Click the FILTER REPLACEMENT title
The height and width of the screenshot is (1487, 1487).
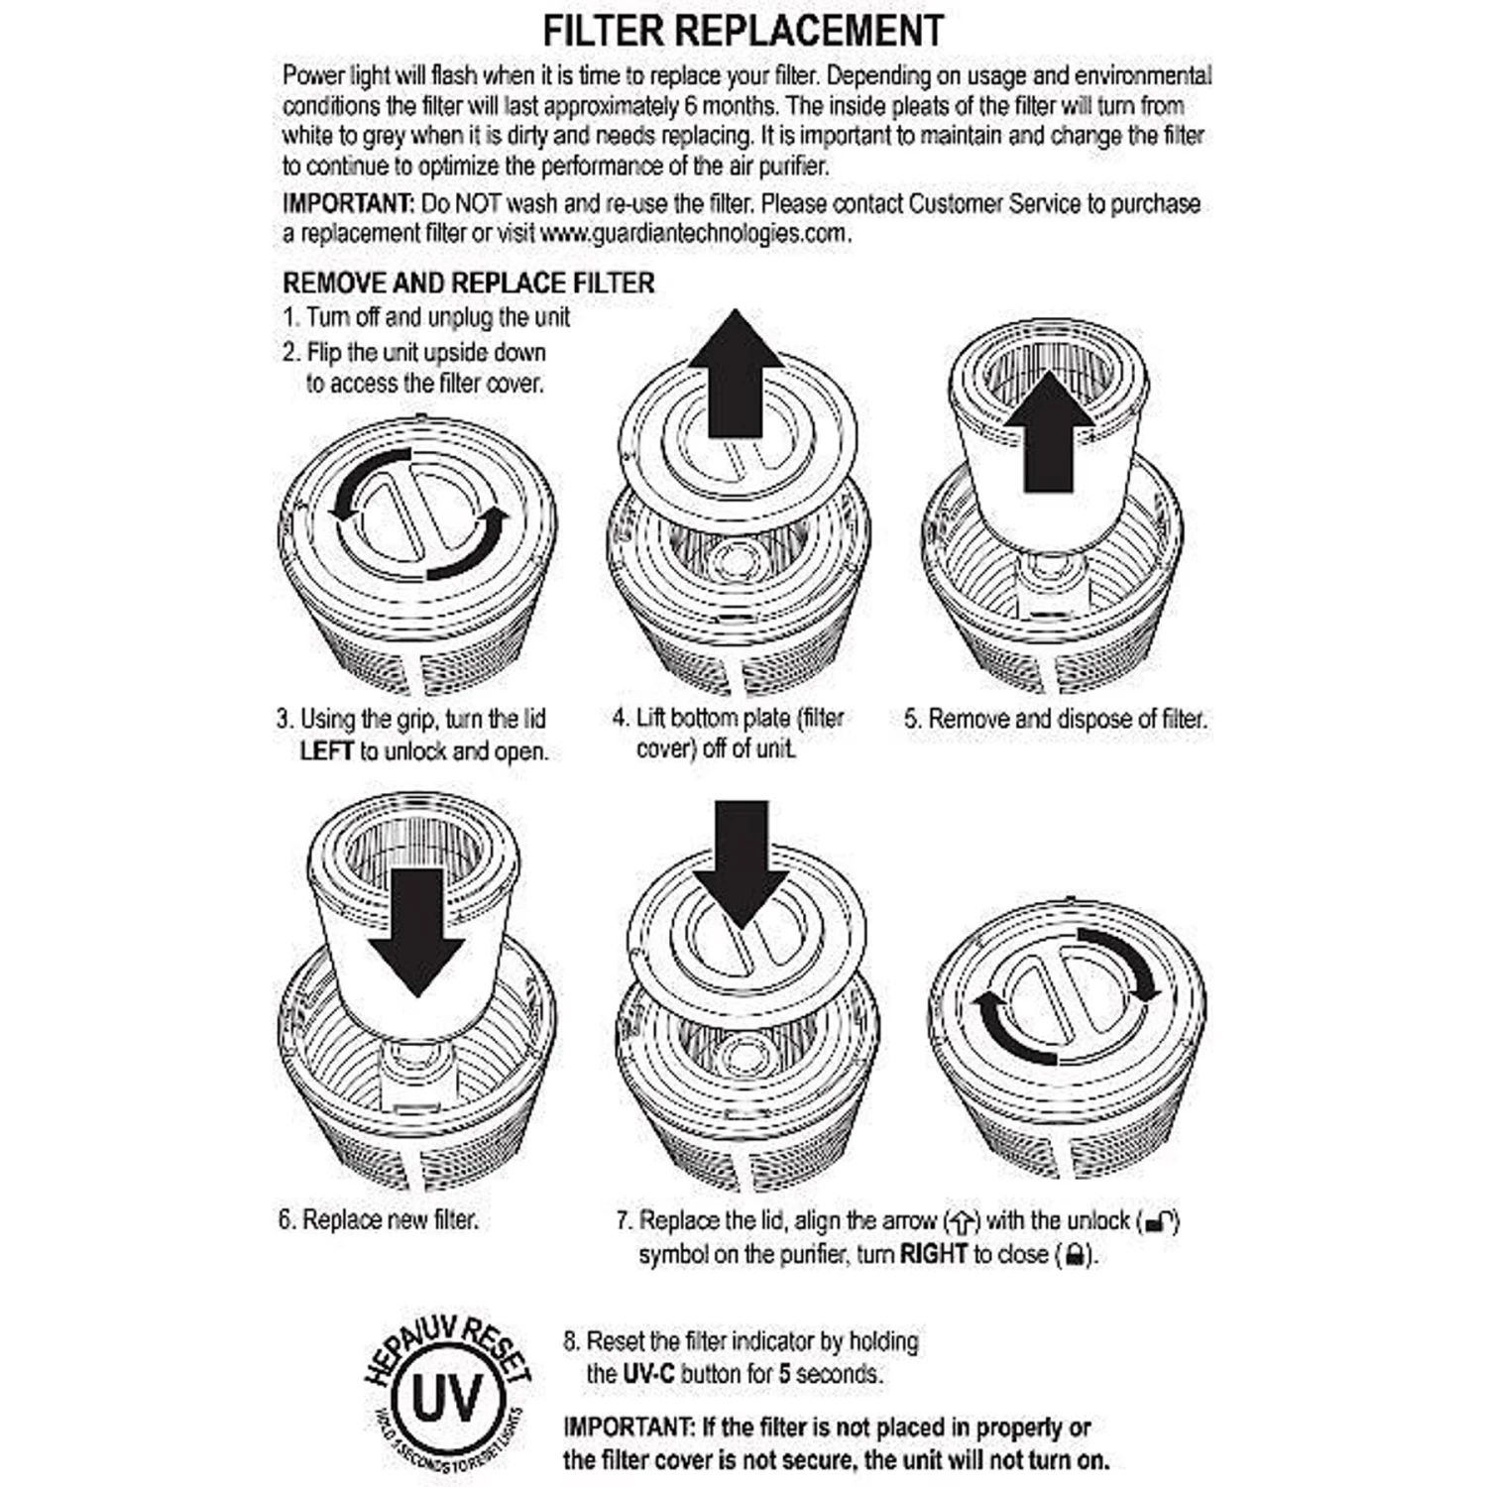point(743,32)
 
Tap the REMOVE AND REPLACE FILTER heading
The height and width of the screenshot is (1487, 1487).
point(469,284)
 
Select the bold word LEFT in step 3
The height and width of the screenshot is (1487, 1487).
point(326,751)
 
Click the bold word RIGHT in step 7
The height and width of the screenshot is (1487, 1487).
point(933,1254)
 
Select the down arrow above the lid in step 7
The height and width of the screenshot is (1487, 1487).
point(741,862)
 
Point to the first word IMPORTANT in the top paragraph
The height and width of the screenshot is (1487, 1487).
point(348,204)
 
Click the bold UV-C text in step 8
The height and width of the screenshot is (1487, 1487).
point(649,1375)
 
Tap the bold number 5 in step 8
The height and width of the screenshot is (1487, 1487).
point(784,1375)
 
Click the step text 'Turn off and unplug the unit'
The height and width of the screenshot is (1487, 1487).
point(437,317)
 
